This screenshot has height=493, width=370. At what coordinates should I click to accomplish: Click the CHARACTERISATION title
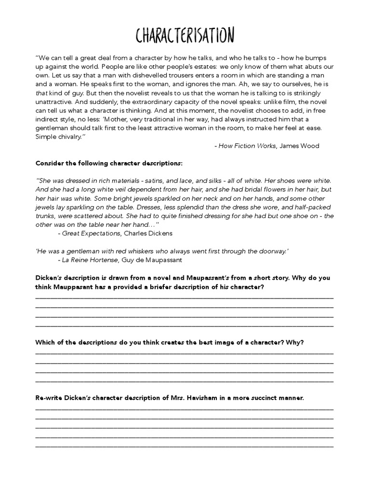coord(185,36)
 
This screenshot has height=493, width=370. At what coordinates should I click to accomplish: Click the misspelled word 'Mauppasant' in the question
coord(71,287)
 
